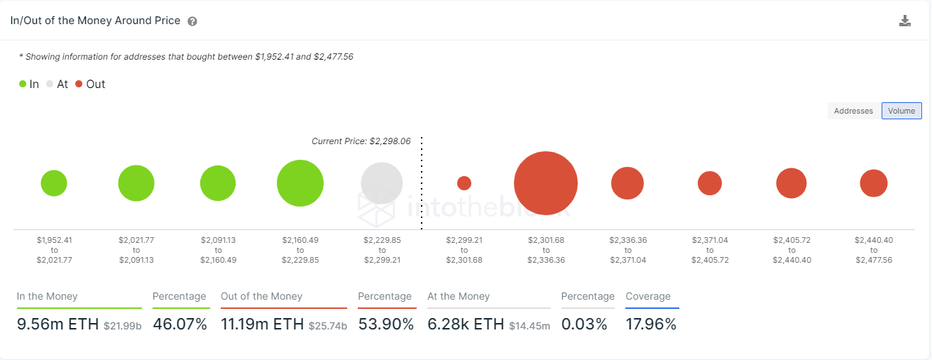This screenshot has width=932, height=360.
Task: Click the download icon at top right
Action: click(x=905, y=21)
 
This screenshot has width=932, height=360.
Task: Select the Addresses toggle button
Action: click(x=853, y=111)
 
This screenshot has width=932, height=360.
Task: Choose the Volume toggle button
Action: click(x=901, y=111)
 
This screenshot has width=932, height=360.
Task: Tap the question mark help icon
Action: click(x=192, y=21)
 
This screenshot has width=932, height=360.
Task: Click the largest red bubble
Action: click(x=546, y=183)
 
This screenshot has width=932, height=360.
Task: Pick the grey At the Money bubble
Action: click(x=382, y=183)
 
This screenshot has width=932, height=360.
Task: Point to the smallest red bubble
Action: click(x=464, y=183)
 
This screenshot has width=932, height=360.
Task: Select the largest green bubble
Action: click(x=300, y=183)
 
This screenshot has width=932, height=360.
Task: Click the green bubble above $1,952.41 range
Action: click(x=54, y=183)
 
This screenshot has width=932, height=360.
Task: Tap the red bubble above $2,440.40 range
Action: click(x=874, y=183)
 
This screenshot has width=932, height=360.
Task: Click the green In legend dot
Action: click(x=23, y=84)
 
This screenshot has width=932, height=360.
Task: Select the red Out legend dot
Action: click(x=79, y=84)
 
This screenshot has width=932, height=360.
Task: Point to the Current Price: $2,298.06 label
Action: click(x=361, y=141)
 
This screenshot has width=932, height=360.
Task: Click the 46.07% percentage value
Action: click(x=181, y=324)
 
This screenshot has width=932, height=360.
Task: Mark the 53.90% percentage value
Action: click(x=386, y=324)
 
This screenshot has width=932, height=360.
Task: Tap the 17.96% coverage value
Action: click(x=651, y=324)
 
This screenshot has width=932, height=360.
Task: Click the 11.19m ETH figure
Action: click(x=262, y=324)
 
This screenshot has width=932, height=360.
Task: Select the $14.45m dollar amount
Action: click(x=530, y=326)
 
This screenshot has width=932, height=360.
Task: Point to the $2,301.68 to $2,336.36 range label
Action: click(x=546, y=250)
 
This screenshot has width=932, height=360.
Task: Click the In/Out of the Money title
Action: click(x=95, y=21)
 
